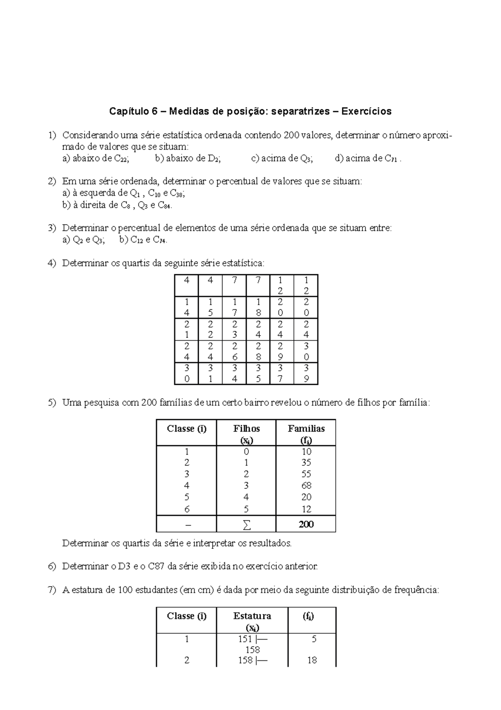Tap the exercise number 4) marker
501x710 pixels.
(x=52, y=263)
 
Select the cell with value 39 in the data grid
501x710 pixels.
(x=306, y=373)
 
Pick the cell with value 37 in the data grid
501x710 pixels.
(x=281, y=373)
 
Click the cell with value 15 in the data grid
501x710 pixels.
(x=210, y=307)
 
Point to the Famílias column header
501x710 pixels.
(x=306, y=429)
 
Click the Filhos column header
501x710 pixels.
(x=246, y=429)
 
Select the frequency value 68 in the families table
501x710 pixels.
(x=306, y=485)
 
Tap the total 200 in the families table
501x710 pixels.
(x=306, y=524)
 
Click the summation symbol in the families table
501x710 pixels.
(x=247, y=525)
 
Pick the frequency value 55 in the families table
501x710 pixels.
(x=306, y=474)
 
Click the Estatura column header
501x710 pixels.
(x=252, y=616)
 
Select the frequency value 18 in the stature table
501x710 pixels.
(x=312, y=660)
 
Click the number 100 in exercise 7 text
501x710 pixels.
(x=125, y=590)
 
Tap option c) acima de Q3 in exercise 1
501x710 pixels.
(x=282, y=158)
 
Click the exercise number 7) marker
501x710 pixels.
(x=52, y=590)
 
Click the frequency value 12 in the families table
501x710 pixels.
(x=306, y=509)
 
